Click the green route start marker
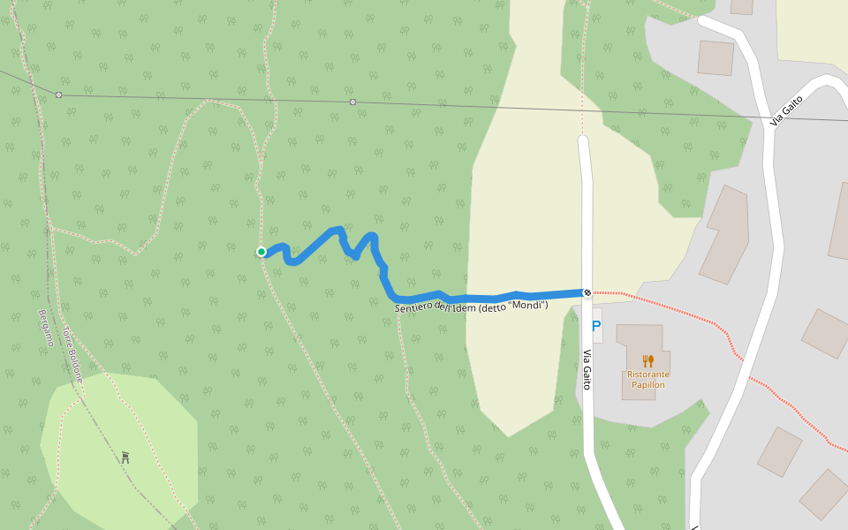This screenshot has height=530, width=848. (x=261, y=252)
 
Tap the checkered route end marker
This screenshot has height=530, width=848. (x=587, y=292)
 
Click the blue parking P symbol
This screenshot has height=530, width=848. (x=596, y=326)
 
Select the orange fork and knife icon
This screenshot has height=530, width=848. (x=647, y=360)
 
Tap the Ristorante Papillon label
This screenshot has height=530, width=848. (x=647, y=380)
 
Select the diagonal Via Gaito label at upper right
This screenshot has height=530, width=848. (x=785, y=110)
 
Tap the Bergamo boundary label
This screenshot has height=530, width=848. (x=46, y=328)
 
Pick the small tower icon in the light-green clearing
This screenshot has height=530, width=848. (x=126, y=458)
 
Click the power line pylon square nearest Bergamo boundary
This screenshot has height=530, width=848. (x=58, y=95)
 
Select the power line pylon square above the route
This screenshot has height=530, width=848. (x=352, y=102)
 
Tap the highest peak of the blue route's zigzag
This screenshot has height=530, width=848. (x=337, y=231)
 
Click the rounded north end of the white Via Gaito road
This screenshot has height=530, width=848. (x=583, y=140)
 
